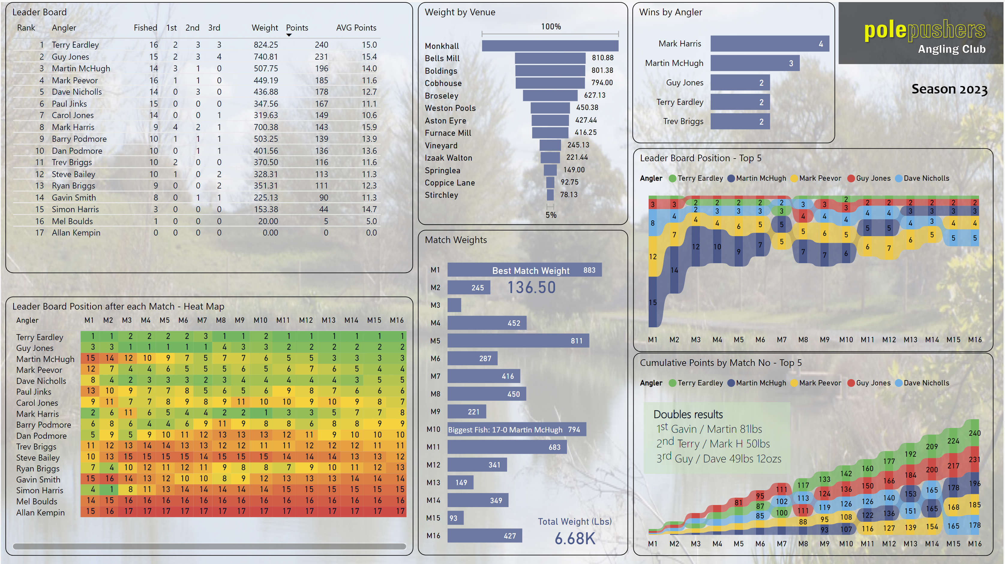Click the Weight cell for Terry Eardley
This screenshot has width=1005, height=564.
266,45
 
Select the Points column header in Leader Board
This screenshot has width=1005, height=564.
297,28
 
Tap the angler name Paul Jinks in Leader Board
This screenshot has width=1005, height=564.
69,104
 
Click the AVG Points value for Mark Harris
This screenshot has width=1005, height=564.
369,127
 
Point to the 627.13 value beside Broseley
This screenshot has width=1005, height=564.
595,95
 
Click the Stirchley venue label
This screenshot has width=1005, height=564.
441,195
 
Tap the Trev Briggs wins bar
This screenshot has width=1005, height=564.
740,122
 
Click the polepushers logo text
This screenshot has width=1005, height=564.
924,30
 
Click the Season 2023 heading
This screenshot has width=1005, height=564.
949,89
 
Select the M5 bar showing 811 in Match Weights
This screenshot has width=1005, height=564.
518,341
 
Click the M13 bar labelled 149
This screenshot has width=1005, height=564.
460,482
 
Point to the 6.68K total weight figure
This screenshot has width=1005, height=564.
575,539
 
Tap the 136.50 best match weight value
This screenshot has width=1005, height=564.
531,288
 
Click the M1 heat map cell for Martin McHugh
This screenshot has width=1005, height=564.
91,358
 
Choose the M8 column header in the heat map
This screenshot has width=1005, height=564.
221,320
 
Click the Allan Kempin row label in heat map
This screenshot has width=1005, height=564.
40,512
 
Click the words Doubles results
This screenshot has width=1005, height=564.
688,414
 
